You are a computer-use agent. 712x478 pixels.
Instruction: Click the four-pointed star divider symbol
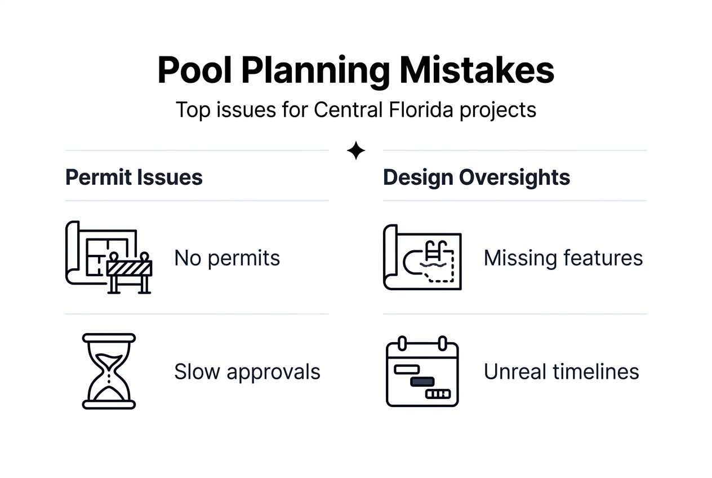356,151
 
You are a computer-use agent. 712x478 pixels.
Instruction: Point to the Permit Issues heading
134,178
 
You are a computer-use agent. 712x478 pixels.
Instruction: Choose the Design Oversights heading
477,178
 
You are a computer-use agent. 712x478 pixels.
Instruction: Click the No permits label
227,258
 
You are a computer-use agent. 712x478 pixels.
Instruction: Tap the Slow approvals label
247,371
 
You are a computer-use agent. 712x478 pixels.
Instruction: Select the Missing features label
563,258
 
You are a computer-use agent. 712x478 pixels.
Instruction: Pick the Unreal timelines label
561,371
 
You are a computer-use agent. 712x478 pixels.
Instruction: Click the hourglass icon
109,371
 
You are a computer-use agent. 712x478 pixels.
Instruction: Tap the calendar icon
422,371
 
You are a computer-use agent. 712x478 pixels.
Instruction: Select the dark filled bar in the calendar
422,382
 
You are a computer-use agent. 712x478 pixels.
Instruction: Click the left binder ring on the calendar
402,343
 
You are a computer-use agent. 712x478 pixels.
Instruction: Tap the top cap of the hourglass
109,338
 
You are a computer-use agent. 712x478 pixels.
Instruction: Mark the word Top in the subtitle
194,109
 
